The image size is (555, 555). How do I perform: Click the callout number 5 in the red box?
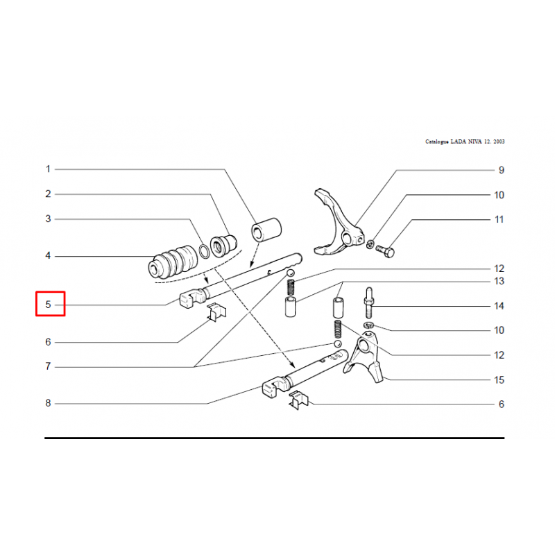pyautogui.click(x=48, y=305)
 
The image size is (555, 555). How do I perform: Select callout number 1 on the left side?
pyautogui.click(x=48, y=169)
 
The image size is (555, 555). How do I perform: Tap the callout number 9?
pyautogui.click(x=501, y=170)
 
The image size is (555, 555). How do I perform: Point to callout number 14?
pyautogui.click(x=499, y=306)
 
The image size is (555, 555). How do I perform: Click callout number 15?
pyautogui.click(x=499, y=379)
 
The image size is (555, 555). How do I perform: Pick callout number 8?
pyautogui.click(x=48, y=403)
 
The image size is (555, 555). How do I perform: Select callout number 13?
pyautogui.click(x=499, y=281)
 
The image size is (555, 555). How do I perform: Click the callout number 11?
pyautogui.click(x=499, y=219)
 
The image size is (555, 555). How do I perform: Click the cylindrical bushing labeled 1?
pyautogui.click(x=266, y=230)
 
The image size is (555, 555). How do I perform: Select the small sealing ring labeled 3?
pyautogui.click(x=204, y=251)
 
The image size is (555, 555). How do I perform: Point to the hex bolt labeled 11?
pyautogui.click(x=385, y=251)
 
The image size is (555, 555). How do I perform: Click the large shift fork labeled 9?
pyautogui.click(x=338, y=223)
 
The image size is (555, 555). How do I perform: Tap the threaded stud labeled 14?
pyautogui.click(x=369, y=303)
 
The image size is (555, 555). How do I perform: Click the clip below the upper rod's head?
pyautogui.click(x=216, y=312)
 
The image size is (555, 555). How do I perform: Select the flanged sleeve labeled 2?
pyautogui.click(x=223, y=246)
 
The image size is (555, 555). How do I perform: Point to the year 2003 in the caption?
pyautogui.click(x=499, y=142)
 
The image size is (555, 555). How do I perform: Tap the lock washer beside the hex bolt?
pyautogui.click(x=370, y=244)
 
